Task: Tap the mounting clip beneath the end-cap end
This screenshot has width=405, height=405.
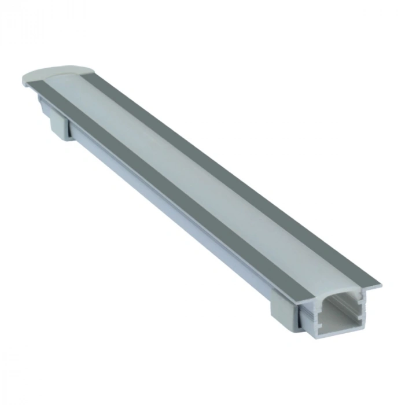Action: click(x=58, y=125)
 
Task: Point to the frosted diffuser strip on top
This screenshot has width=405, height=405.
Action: click(x=203, y=174)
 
